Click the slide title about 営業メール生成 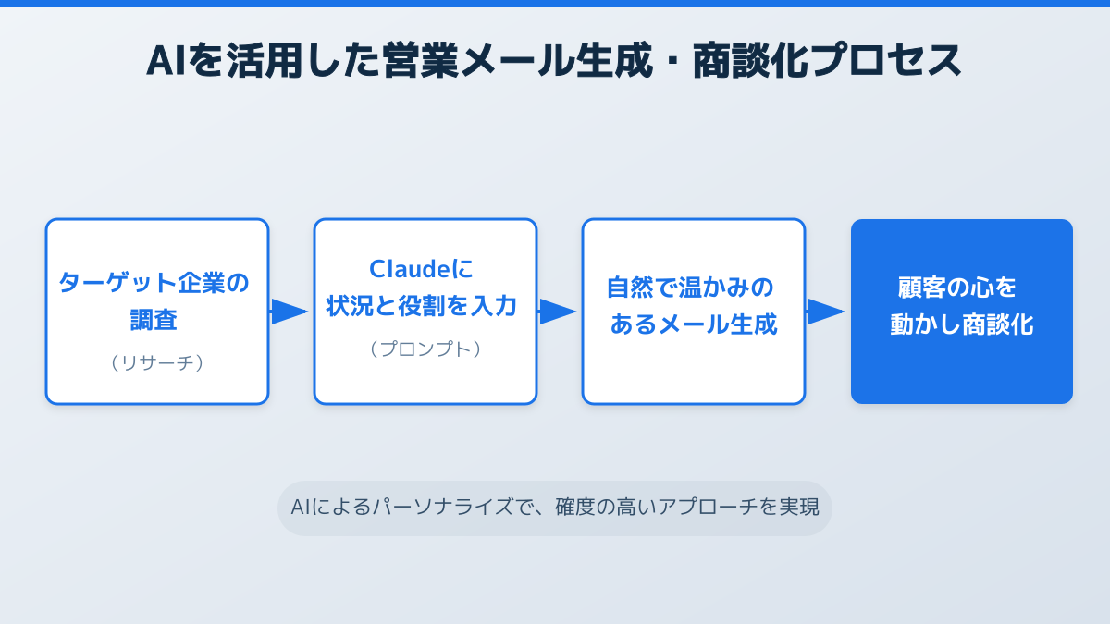(555, 61)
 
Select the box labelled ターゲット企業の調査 (157, 312)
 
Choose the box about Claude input (425, 312)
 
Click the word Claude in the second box (411, 269)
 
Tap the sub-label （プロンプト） (425, 349)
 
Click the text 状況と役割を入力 (421, 306)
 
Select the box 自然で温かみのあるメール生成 (694, 312)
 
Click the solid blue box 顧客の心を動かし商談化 (962, 312)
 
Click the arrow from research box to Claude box (290, 312)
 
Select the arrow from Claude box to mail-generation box (558, 312)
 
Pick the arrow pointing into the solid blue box (826, 312)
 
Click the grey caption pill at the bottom (555, 508)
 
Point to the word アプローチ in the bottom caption (707, 508)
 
